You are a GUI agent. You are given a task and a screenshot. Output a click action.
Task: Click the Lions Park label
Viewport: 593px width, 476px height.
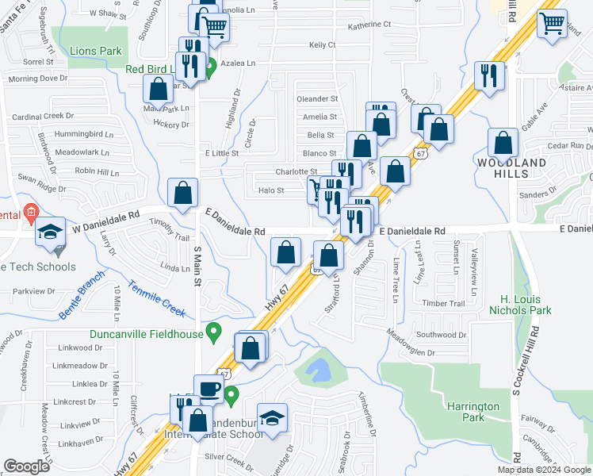95,51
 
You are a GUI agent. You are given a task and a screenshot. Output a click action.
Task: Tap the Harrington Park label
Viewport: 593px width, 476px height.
472,412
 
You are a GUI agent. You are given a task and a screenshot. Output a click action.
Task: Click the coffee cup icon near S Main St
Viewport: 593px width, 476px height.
209,388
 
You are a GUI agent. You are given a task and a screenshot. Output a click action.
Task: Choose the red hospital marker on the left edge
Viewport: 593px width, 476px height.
30,212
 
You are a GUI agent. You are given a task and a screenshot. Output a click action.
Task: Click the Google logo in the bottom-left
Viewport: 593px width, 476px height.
27,466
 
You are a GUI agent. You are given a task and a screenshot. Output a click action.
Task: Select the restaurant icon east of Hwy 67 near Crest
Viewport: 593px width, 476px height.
488,75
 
